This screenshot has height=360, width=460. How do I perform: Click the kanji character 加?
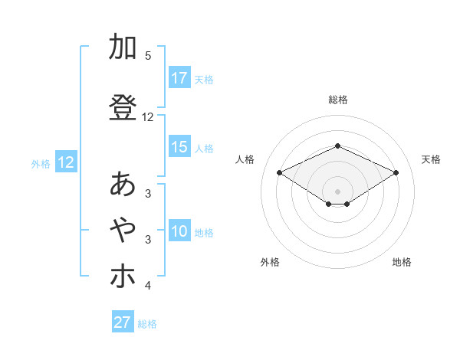pyautogui.click(x=123, y=47)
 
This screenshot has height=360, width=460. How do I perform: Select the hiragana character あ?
pyautogui.click(x=123, y=185)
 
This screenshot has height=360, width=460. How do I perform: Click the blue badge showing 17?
pyautogui.click(x=179, y=78)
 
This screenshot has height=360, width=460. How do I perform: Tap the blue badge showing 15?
pyautogui.click(x=179, y=147)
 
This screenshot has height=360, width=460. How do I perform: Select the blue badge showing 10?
pyautogui.click(x=179, y=232)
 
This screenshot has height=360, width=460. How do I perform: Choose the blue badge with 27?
pyautogui.click(x=123, y=322)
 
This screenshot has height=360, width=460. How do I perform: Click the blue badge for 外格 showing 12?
pyautogui.click(x=66, y=162)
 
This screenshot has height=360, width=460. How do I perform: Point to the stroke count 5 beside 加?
pyautogui.click(x=148, y=55)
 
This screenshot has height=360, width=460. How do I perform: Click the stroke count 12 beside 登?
pyautogui.click(x=148, y=117)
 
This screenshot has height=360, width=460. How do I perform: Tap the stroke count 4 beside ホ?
pyautogui.click(x=148, y=286)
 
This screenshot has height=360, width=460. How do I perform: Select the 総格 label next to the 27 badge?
pyautogui.click(x=148, y=324)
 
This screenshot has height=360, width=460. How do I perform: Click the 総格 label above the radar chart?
pyautogui.click(x=338, y=100)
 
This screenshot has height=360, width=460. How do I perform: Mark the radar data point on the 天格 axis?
pyautogui.click(x=396, y=172)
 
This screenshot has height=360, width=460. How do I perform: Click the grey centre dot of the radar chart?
pyautogui.click(x=338, y=191)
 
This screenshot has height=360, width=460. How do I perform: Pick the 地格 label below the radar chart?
pyautogui.click(x=402, y=262)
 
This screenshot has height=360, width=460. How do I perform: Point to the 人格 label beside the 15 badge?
pyautogui.click(x=204, y=148)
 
